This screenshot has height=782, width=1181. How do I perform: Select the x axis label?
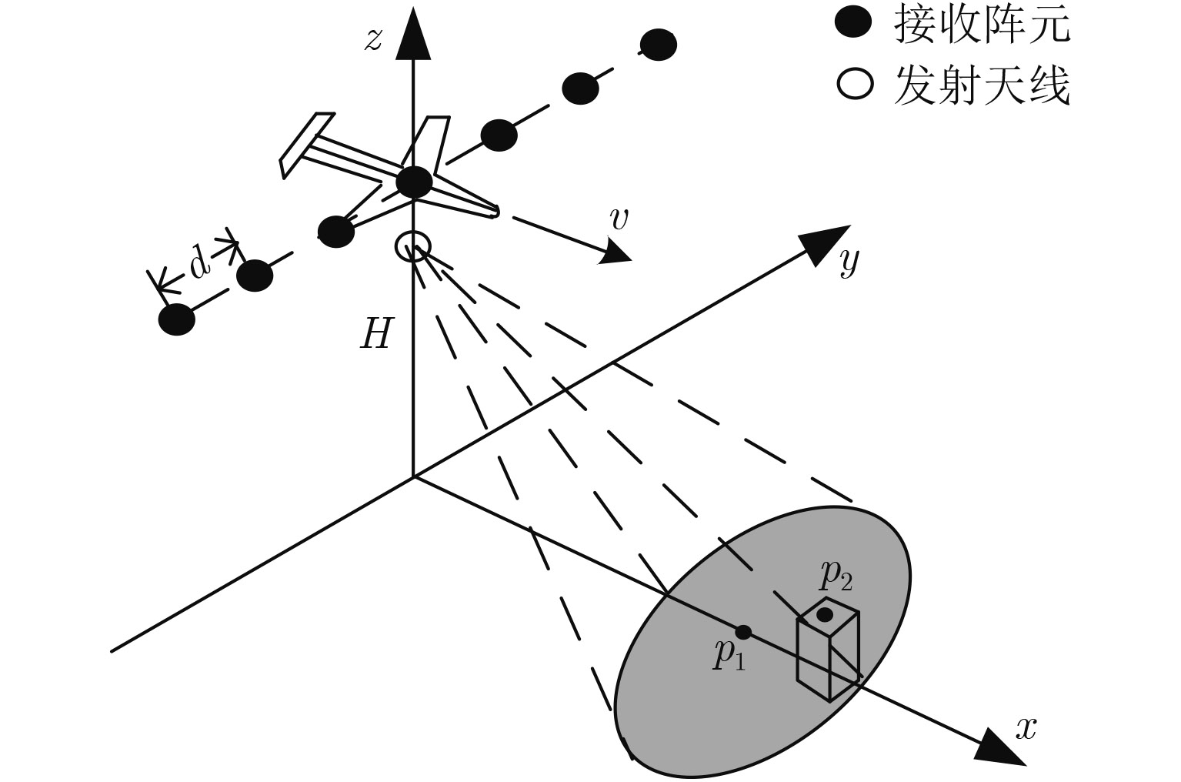[x=1026, y=727]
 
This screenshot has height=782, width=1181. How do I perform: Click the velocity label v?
[x=618, y=219]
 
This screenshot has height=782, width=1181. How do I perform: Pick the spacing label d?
[x=199, y=264]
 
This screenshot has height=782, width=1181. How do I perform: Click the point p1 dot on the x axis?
[x=742, y=632]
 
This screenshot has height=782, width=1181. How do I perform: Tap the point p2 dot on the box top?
[x=825, y=615]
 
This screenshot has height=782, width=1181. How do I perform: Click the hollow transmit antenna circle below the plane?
[x=413, y=247]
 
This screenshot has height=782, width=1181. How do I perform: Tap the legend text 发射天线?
[x=982, y=85]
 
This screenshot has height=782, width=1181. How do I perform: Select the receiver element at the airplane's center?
[x=415, y=182]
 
